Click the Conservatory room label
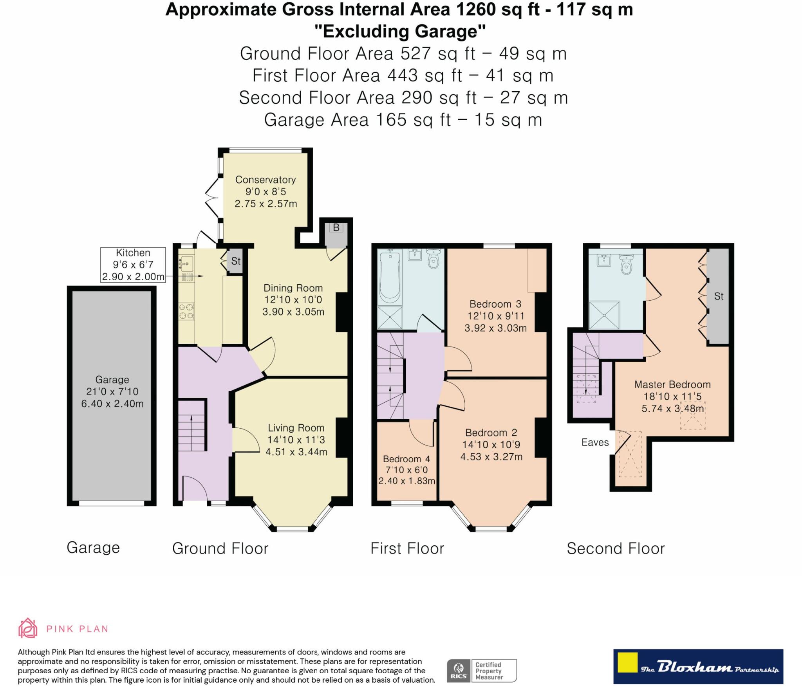265,180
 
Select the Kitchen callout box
133,265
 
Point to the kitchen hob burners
186,311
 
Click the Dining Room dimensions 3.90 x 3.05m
293,312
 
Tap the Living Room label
296,428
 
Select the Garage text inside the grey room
112,380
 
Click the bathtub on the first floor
390,276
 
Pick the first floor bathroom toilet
433,259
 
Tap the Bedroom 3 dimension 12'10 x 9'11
495,316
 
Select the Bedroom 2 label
491,433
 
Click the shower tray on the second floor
604,315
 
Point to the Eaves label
595,442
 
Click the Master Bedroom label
672,384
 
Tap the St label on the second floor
719,296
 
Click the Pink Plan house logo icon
28,629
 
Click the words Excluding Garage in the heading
400,31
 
